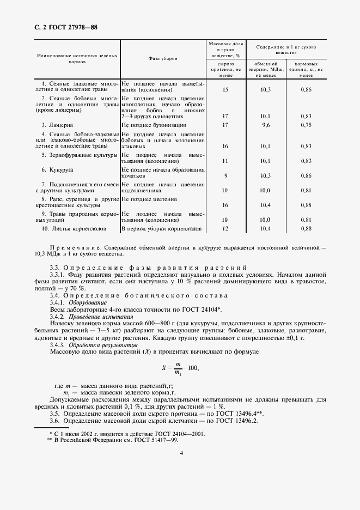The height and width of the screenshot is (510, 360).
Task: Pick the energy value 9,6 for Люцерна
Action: point(265,125)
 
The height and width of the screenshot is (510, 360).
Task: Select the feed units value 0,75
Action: point(306,125)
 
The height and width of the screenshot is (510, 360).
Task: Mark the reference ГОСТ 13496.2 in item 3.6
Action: point(237,421)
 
